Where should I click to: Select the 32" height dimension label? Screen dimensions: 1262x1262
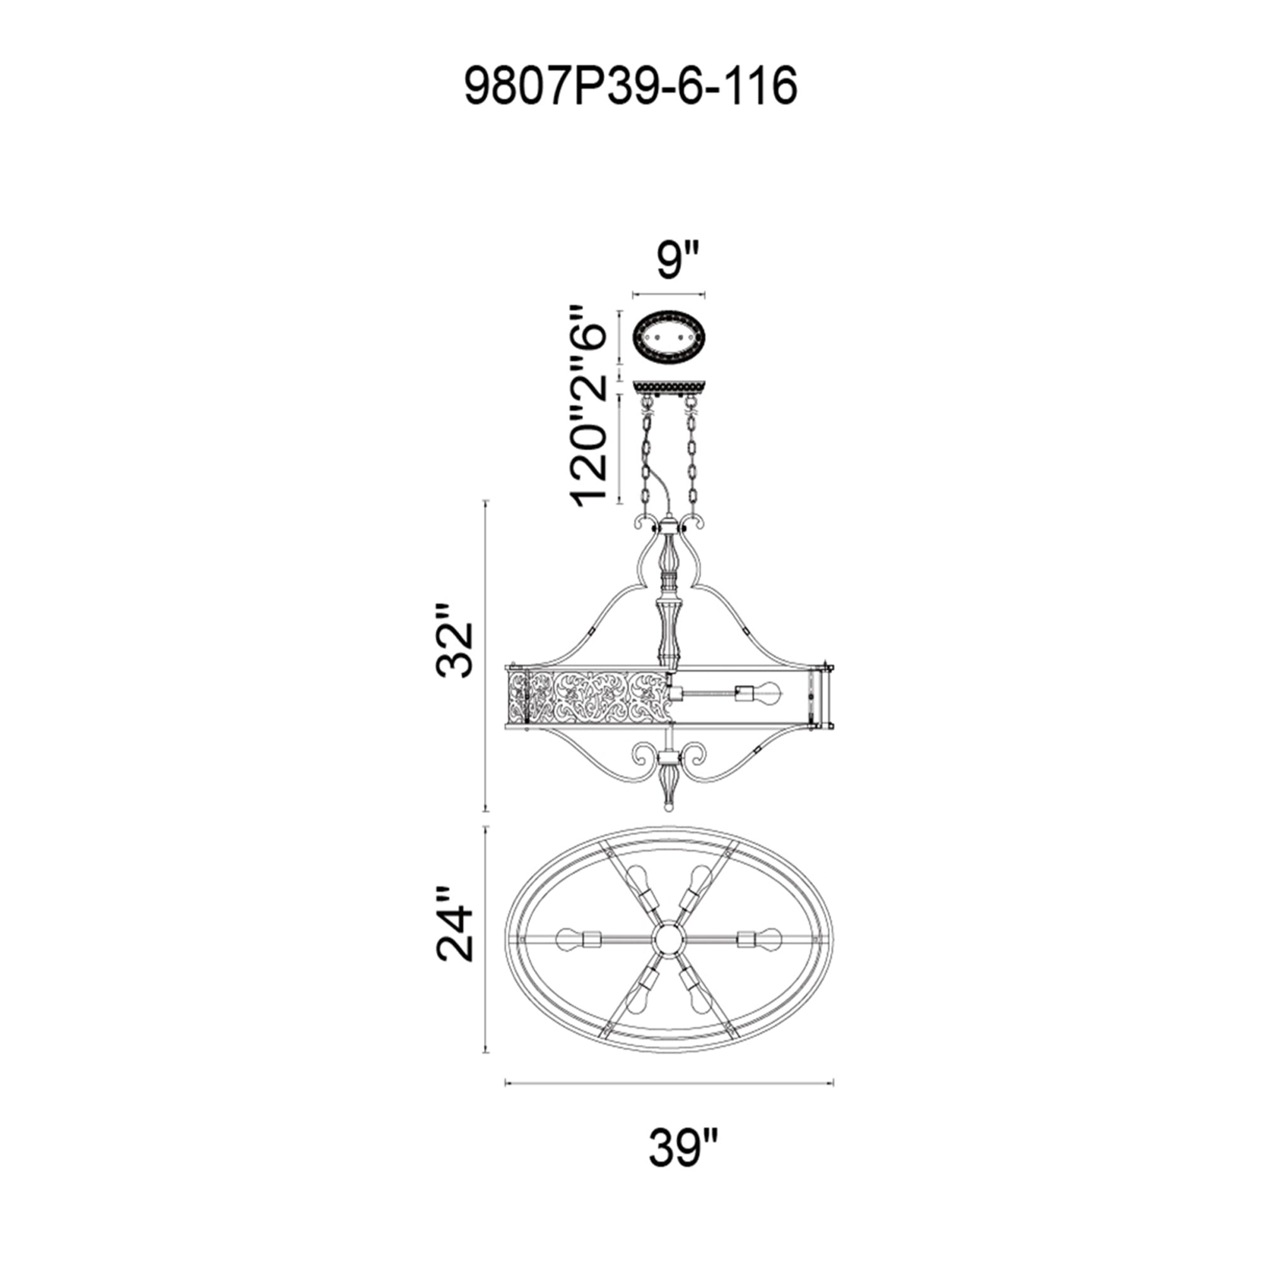tap(454, 640)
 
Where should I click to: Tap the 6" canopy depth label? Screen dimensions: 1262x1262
tap(589, 328)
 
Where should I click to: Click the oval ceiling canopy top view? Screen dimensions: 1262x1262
tap(668, 339)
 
